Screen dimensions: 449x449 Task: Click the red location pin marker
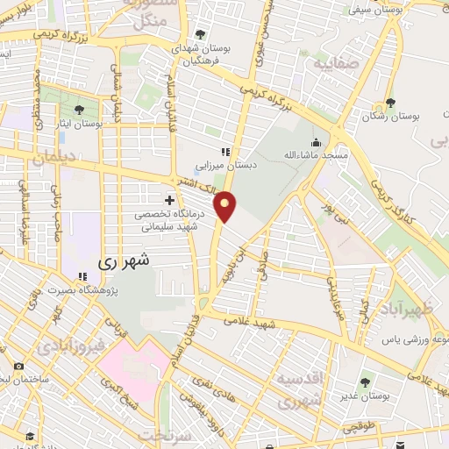[226, 206]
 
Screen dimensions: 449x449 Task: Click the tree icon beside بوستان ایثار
[79, 110]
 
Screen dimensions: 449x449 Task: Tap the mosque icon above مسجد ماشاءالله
[316, 141]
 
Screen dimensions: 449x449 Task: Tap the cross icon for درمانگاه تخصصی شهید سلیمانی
[170, 201]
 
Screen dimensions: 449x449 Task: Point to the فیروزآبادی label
[72, 345]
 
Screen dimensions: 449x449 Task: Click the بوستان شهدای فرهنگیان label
[200, 56]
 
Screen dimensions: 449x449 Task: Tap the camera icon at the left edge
[18, 367]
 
